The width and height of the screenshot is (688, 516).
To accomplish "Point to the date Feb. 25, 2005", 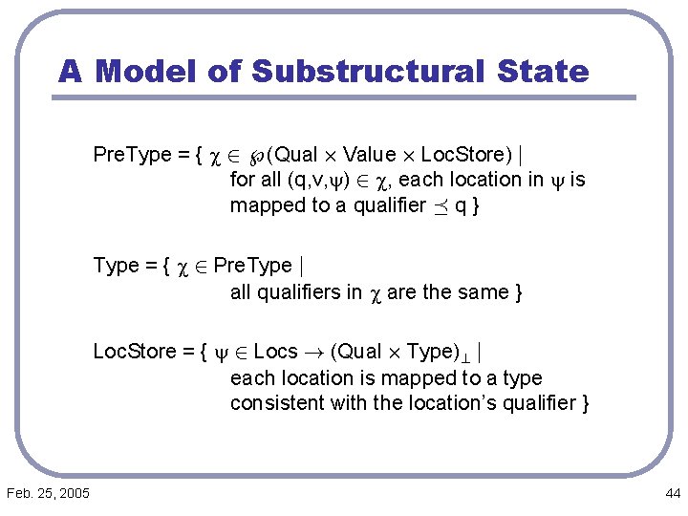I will pos(48,493).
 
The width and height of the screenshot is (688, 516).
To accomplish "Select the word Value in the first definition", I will pos(369,154).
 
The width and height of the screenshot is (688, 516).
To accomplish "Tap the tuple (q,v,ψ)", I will pos(305,180).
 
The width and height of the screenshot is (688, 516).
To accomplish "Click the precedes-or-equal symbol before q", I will pos(435,205).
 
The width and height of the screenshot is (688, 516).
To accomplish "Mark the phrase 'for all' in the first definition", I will pos(250,180).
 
